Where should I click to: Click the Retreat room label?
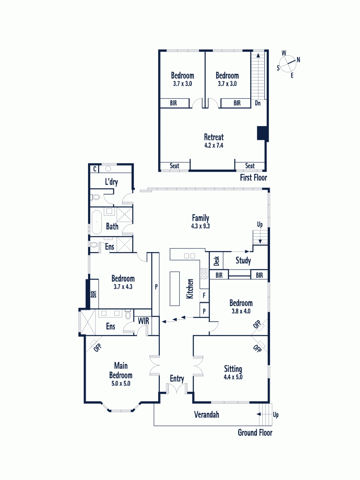214,137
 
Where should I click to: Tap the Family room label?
201,218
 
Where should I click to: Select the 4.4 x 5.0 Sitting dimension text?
233,377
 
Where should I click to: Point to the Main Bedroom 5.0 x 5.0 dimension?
121,383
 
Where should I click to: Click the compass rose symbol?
288,64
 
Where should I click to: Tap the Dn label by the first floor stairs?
258,103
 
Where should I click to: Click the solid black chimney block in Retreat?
262,133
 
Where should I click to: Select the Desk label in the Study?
216,261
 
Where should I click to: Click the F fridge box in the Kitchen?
204,295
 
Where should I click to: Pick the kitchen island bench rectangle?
175,289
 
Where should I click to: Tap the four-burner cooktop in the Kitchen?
204,274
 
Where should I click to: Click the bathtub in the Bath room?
97,222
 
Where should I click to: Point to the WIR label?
143,321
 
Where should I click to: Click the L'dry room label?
112,182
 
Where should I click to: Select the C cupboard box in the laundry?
94,169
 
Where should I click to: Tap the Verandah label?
207,414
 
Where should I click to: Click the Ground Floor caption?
255,433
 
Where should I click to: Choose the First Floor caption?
253,177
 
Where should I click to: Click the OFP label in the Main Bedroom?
97,348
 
